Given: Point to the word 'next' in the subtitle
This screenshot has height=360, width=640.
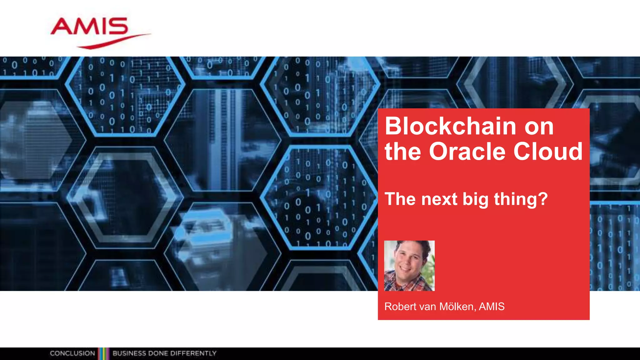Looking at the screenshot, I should coord(439,199).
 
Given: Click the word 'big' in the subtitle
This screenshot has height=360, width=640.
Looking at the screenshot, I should coord(475,200).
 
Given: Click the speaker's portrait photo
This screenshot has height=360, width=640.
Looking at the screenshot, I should coord(409,266).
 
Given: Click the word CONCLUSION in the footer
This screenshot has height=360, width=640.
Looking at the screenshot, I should coord(72,353).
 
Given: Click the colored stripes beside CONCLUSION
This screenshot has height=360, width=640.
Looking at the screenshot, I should coord(103,353).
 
